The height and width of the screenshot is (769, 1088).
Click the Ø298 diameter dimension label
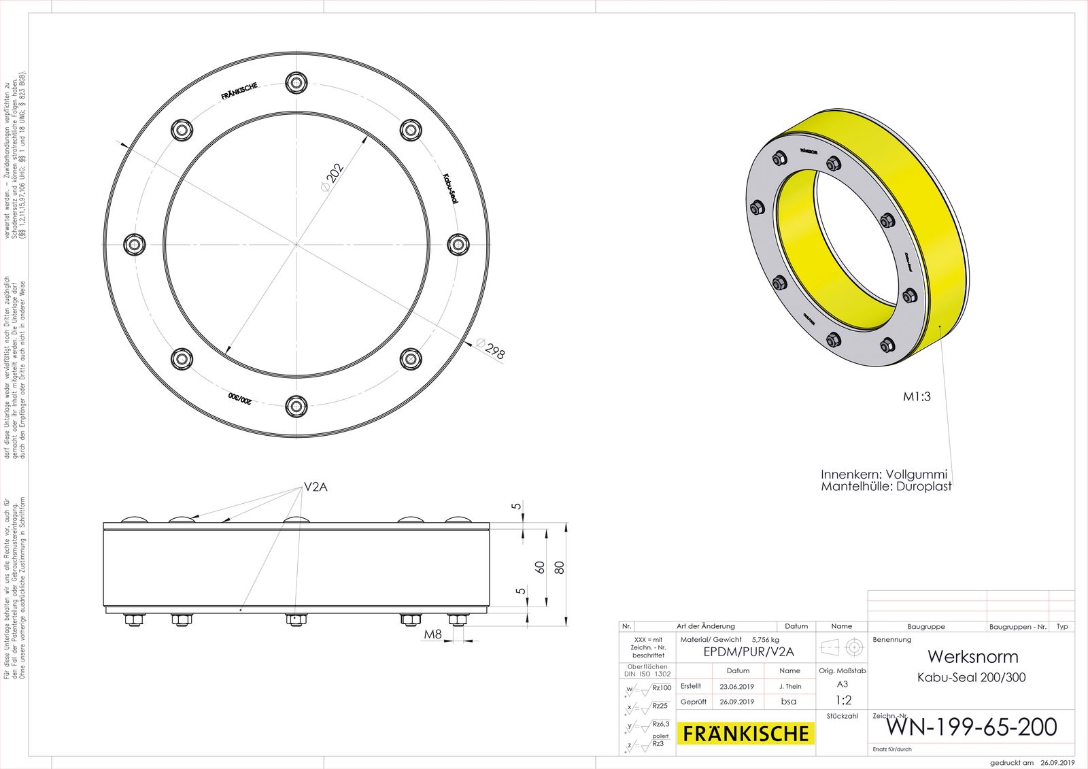point(491,349)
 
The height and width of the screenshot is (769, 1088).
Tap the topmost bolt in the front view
point(296,83)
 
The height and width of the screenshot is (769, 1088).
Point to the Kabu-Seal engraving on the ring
point(449,188)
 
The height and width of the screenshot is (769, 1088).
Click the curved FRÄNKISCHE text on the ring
point(239,91)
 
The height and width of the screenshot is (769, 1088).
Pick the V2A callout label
point(316,487)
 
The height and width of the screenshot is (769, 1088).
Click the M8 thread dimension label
point(433,634)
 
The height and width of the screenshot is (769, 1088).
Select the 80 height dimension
point(560,566)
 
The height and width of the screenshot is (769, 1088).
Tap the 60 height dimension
point(540,566)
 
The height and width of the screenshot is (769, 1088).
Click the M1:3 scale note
point(917,397)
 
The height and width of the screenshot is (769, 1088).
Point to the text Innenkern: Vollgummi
point(883,475)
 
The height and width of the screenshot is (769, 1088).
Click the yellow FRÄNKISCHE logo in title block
point(746,734)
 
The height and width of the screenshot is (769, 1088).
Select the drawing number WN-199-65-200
point(971,727)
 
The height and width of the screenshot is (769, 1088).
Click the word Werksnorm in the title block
point(972,657)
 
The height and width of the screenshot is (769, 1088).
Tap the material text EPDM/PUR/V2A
point(748,652)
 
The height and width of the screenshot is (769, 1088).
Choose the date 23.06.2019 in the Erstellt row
point(737,687)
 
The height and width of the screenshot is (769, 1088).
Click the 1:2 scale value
point(843,700)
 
